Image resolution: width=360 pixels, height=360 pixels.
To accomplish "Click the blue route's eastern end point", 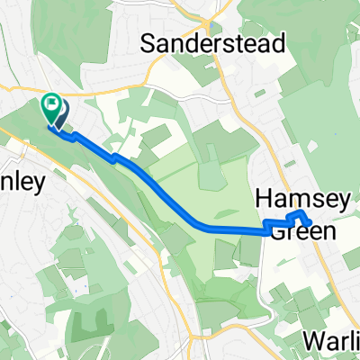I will [x=309, y=221].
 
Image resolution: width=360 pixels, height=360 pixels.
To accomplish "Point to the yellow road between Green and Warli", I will [x=297, y=297].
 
